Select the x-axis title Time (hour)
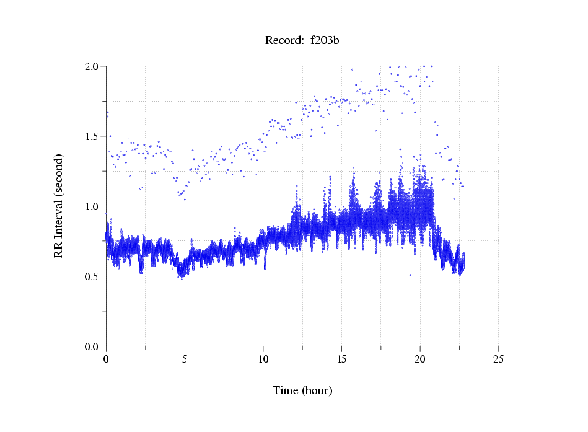[x=302, y=390]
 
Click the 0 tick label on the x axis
[x=106, y=358]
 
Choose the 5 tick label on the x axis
[x=185, y=358]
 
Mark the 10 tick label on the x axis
[x=263, y=358]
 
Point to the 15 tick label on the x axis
[x=341, y=358]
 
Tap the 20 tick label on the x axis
[x=420, y=358]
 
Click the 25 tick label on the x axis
[x=498, y=358]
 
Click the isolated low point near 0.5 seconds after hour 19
[x=410, y=275]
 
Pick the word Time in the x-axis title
[x=286, y=390]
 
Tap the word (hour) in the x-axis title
[x=317, y=390]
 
